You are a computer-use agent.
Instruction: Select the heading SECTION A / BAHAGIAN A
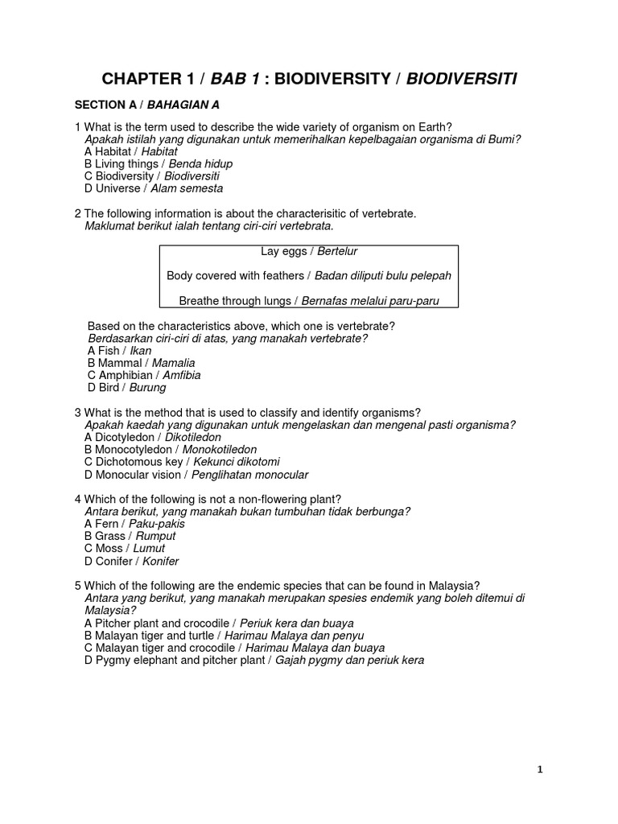coord(146,105)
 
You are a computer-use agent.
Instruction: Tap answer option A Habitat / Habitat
coord(130,151)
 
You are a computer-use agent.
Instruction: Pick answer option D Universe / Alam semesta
coord(153,188)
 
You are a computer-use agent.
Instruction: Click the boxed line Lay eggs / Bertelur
coord(309,252)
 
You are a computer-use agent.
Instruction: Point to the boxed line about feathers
coord(309,276)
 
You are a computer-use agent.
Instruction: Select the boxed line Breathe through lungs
coord(309,301)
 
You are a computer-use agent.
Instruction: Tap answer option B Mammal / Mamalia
coord(141,363)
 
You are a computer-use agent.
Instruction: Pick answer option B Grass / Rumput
coord(130,536)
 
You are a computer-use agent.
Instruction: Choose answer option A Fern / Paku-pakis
coord(134,524)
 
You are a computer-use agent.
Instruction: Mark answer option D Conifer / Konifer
coord(131,561)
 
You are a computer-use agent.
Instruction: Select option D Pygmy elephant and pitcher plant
coord(253,661)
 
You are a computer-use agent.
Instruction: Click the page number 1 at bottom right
coord(540,769)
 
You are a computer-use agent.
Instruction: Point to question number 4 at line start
coord(77,499)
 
